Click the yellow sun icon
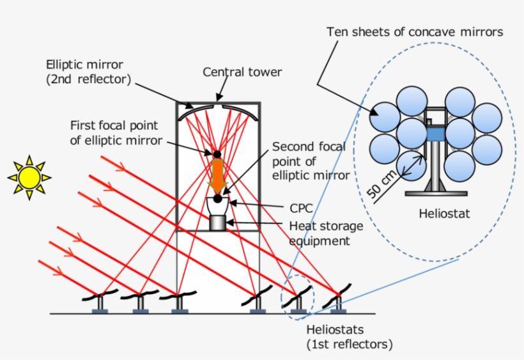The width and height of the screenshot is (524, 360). (29, 176)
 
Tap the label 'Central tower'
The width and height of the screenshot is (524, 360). (242, 72)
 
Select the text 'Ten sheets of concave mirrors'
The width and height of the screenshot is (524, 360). (415, 31)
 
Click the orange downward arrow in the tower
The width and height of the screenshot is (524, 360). (218, 176)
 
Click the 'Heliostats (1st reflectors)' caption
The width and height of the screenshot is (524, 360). (348, 337)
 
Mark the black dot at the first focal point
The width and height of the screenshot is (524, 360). (217, 154)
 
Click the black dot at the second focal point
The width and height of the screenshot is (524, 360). (217, 199)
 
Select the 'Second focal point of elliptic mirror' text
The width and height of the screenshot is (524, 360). (310, 161)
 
